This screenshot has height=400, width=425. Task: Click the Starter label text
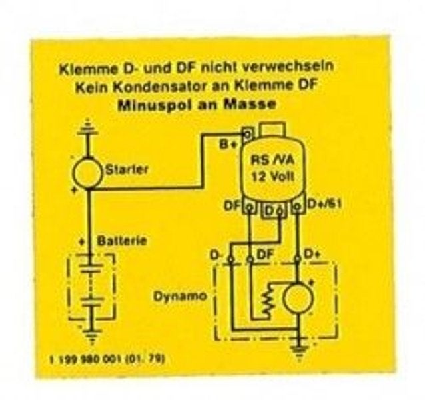(x=127, y=170)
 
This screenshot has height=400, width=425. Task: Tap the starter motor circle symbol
(x=87, y=173)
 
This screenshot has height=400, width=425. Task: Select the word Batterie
(x=122, y=241)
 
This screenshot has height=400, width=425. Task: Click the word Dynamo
(x=179, y=297)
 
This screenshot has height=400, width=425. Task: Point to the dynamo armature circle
(x=298, y=298)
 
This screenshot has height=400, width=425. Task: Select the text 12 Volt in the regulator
(x=273, y=177)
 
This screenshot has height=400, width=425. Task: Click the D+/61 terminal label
(x=324, y=204)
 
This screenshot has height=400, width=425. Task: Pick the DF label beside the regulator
(x=232, y=207)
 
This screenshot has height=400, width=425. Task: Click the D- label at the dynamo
(x=216, y=255)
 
